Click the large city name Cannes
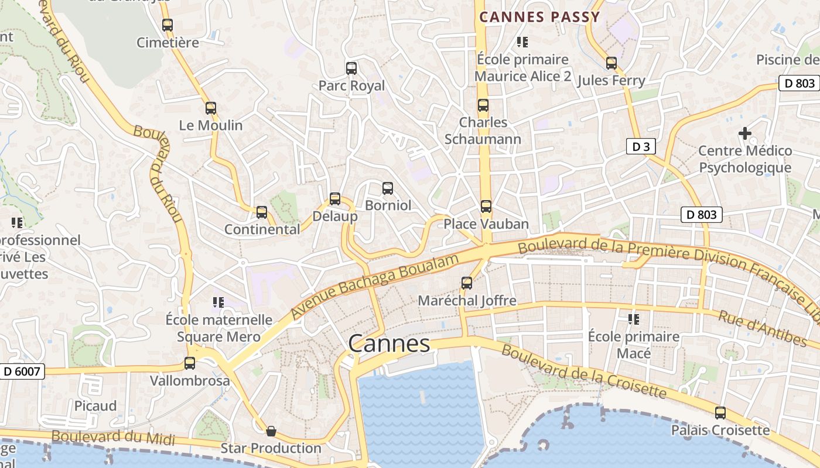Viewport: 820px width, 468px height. click(389, 344)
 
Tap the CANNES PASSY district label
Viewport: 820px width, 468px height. click(540, 17)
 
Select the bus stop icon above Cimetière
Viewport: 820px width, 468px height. click(168, 25)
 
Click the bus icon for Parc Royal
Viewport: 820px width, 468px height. click(351, 68)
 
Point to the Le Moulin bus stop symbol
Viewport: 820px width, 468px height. click(211, 108)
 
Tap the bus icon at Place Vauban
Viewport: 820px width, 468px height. click(486, 207)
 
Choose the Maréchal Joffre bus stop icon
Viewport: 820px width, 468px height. click(467, 283)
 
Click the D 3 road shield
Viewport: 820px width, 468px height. click(641, 146)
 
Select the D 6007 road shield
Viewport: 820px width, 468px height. click(22, 371)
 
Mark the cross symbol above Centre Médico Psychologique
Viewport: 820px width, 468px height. click(745, 133)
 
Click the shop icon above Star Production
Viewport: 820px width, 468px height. click(271, 432)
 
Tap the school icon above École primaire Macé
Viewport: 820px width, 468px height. click(633, 319)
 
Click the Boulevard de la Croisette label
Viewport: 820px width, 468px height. click(583, 371)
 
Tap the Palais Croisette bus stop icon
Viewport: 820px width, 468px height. click(720, 413)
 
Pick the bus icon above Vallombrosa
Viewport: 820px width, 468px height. click(190, 363)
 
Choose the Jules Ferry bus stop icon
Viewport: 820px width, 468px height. click(611, 63)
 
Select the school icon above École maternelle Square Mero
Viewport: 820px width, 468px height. click(218, 302)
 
